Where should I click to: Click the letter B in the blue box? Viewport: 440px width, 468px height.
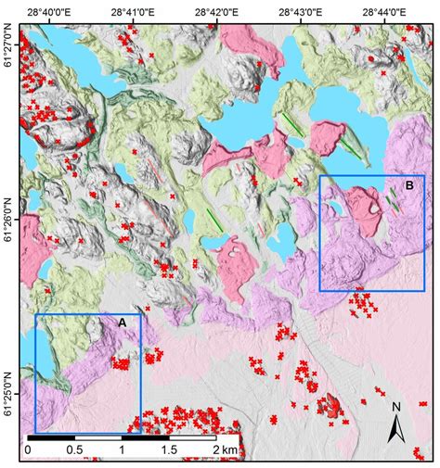click(x=408, y=186)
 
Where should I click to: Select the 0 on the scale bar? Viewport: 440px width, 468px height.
click(x=28, y=450)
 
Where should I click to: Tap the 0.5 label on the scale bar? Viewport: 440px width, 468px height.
click(x=74, y=450)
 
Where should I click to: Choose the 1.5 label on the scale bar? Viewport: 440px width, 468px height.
click(x=169, y=450)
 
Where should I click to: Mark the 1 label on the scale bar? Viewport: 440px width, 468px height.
click(x=122, y=450)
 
